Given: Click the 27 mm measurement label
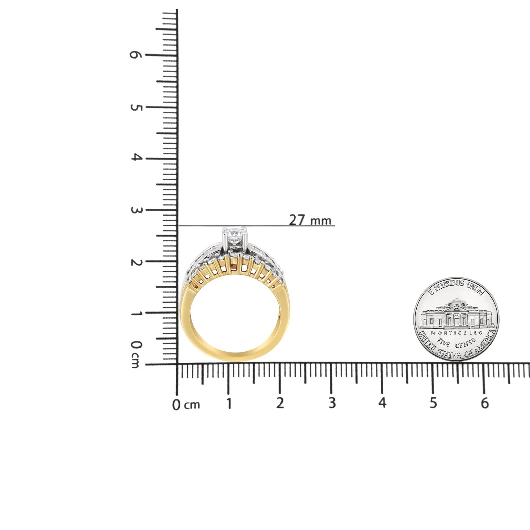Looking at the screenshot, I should pyautogui.click(x=310, y=220).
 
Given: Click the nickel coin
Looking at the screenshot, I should pyautogui.click(x=456, y=319).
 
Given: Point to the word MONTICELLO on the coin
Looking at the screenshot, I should pyautogui.click(x=457, y=333).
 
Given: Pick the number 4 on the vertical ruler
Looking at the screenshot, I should pyautogui.click(x=136, y=158).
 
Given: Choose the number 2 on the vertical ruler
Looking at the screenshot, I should pyautogui.click(x=136, y=263).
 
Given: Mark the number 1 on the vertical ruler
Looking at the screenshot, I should pyautogui.click(x=136, y=314).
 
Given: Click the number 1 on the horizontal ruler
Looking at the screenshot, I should pyautogui.click(x=229, y=403).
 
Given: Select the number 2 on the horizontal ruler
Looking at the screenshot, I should pyautogui.click(x=280, y=403).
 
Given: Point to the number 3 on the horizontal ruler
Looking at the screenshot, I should pyautogui.click(x=332, y=403).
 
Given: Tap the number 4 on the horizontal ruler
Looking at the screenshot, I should pyautogui.click(x=382, y=403).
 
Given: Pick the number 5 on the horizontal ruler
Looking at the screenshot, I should pyautogui.click(x=434, y=403).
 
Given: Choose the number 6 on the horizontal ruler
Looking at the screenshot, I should pyautogui.click(x=485, y=403).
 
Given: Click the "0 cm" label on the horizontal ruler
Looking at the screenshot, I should pyautogui.click(x=186, y=405).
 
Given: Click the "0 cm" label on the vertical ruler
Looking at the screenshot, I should pyautogui.click(x=136, y=354).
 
